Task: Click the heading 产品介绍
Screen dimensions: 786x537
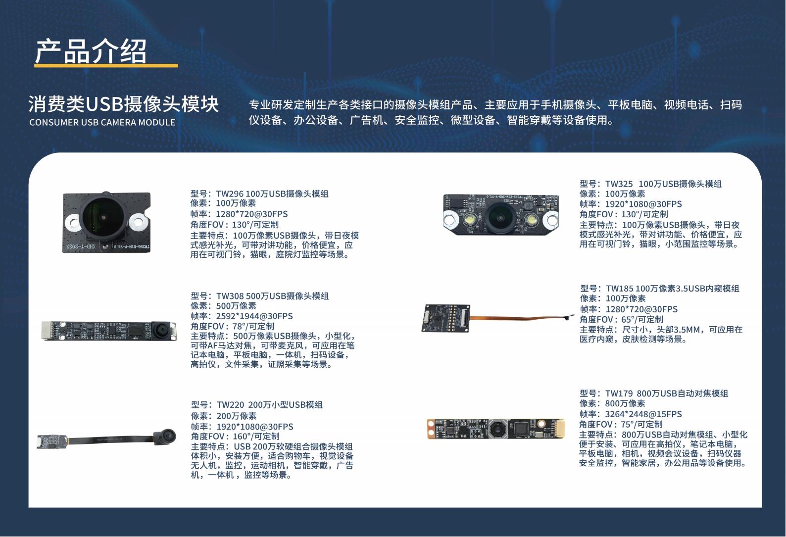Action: [x=91, y=51]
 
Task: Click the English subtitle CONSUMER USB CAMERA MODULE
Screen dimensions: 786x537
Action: [x=102, y=122]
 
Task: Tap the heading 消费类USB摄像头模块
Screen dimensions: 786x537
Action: [x=124, y=104]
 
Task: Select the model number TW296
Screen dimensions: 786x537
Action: [x=230, y=194]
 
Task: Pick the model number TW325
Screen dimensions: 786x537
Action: [x=619, y=184]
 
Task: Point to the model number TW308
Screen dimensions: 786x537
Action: [x=230, y=296]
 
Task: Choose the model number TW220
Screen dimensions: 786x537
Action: [x=230, y=405]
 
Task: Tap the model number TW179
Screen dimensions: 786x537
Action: [x=619, y=393]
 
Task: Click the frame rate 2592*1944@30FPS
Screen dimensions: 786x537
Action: [x=254, y=316]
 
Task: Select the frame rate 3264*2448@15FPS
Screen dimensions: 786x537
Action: [x=643, y=414]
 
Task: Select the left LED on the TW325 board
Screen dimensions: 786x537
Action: [x=470, y=220]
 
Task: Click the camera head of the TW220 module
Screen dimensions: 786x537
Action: [x=166, y=436]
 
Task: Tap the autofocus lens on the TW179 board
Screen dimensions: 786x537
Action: [x=497, y=429]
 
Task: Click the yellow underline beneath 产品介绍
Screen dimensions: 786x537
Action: [x=106, y=66]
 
